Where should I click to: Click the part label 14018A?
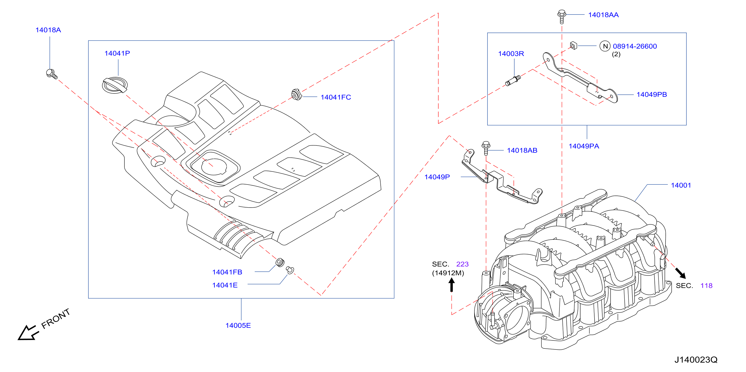click(x=48, y=30)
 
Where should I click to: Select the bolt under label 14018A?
click(x=52, y=74)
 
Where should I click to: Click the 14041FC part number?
click(x=336, y=97)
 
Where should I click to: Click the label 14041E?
click(x=225, y=285)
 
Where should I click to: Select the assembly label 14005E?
click(x=238, y=325)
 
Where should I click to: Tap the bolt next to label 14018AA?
click(x=561, y=17)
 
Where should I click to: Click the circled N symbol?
click(x=605, y=46)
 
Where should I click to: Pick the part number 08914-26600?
click(x=635, y=46)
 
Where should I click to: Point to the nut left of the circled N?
click(x=573, y=45)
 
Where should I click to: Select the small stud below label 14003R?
click(x=513, y=81)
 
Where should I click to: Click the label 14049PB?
click(x=652, y=95)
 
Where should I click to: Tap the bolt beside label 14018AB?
click(x=486, y=148)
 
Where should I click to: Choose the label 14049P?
click(x=437, y=177)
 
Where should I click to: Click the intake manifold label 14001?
click(x=681, y=185)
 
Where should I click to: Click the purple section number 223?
click(x=462, y=264)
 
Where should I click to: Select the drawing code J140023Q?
click(x=696, y=359)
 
